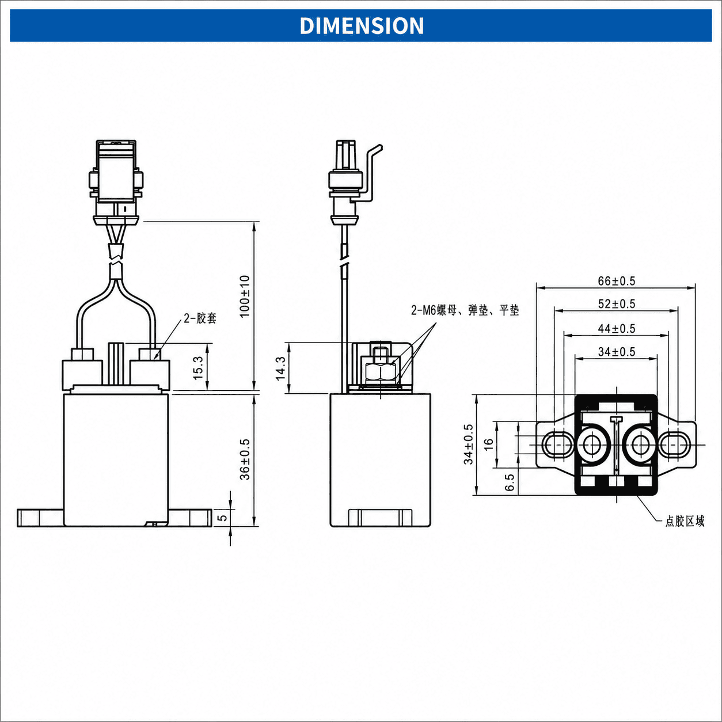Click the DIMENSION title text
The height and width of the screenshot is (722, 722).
362,25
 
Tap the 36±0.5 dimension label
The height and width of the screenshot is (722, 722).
245,459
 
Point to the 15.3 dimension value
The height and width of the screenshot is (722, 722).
198,368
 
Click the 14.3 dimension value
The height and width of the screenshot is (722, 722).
280,368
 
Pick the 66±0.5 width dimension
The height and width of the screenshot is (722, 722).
616,281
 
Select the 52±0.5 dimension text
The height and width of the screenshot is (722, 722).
616,304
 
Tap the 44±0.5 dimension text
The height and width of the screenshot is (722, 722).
616,329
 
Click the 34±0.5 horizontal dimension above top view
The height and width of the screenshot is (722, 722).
616,352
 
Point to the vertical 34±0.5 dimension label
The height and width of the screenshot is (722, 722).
469,444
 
